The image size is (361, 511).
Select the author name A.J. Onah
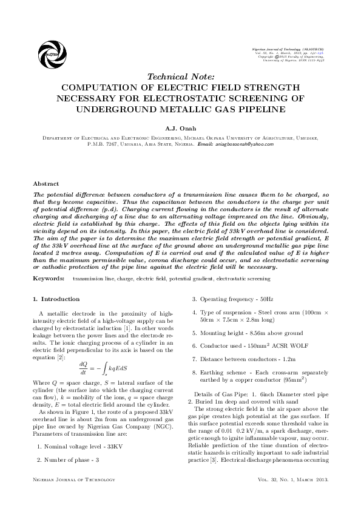(180, 129)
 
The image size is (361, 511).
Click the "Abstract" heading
(46, 183)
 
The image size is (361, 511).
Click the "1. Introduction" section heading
(56, 299)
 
